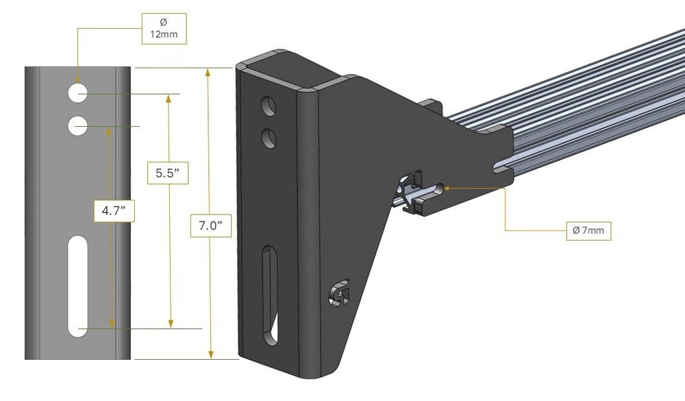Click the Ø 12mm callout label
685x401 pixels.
[164, 27]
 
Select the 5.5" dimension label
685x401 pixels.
[168, 173]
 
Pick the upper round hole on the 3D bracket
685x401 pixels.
[269, 106]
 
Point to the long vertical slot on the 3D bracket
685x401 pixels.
[269, 295]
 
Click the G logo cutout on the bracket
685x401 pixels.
[337, 293]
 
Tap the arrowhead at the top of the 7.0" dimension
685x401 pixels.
[211, 73]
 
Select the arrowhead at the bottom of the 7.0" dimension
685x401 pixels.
[211, 354]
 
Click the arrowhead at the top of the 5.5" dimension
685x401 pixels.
[169, 97]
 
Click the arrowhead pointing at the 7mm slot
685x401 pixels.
[447, 185]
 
